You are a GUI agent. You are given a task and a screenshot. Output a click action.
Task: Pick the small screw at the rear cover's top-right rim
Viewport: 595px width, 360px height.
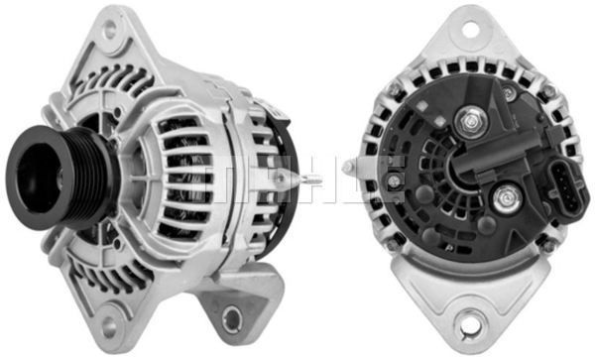[509, 91]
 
